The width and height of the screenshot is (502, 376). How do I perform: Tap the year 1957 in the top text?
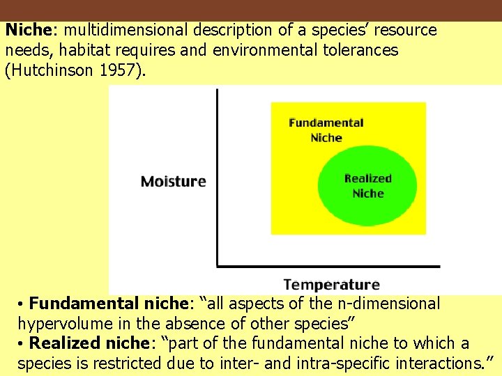pyautogui.click(x=124, y=71)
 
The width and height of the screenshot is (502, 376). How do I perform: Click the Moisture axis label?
pyautogui.click(x=174, y=182)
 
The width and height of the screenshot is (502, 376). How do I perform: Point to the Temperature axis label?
pyautogui.click(x=331, y=285)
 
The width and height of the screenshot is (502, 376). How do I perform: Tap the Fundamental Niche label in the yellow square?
pyautogui.click(x=326, y=130)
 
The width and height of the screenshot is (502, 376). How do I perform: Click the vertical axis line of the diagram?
pyautogui.click(x=217, y=178)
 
